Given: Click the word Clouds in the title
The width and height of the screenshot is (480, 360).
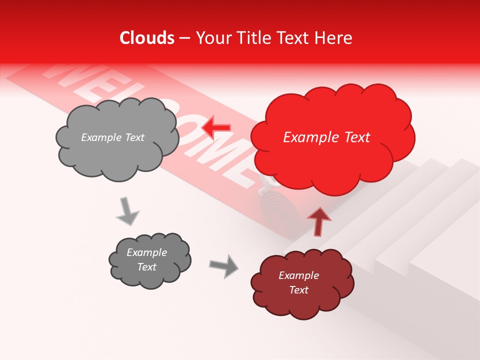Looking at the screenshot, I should pos(147,38).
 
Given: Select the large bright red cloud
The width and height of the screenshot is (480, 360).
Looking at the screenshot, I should pos(332,137).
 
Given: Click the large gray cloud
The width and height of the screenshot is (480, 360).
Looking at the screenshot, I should pos(117,137).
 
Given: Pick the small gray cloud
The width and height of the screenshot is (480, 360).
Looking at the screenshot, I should pos(149,260).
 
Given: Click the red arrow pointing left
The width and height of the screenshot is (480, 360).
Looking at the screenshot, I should pos(215,128).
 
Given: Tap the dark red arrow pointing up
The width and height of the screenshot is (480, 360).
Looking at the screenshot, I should pos(318,220).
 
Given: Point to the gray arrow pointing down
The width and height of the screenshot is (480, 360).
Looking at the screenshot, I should pos(127,212).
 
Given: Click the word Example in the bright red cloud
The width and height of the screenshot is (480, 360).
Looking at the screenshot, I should pos(310,137).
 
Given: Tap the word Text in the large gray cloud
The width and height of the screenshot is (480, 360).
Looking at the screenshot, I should pos(133,137).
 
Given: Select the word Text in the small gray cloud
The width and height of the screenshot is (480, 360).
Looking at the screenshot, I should pos(147,267).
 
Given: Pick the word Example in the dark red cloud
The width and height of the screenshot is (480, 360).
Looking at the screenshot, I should pos(298,275).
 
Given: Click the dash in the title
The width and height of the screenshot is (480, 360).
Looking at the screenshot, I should pos(184,38).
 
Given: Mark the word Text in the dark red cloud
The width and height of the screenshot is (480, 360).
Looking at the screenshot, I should pos(298,290).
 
